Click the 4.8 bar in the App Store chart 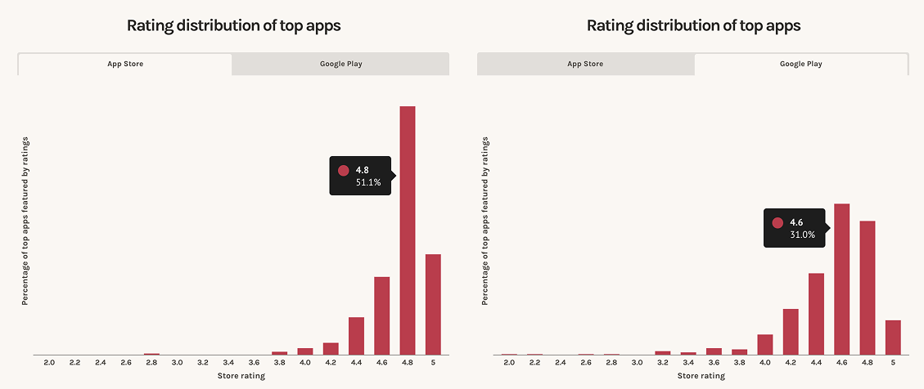pyautogui.click(x=408, y=230)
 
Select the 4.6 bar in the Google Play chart pyautogui.click(x=841, y=279)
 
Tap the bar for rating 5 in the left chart pyautogui.click(x=433, y=304)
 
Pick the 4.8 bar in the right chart pyautogui.click(x=868, y=288)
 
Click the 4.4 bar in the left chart pyautogui.click(x=356, y=336)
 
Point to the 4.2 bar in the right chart pyautogui.click(x=791, y=332)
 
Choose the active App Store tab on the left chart pyautogui.click(x=125, y=64)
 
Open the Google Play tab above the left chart pyautogui.click(x=340, y=64)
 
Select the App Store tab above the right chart pyautogui.click(x=585, y=64)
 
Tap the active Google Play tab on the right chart pyautogui.click(x=801, y=64)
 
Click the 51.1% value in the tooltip pyautogui.click(x=368, y=183)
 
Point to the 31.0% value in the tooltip pyautogui.click(x=802, y=235)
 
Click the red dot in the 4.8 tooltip pyautogui.click(x=344, y=171)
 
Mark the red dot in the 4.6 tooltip pyautogui.click(x=778, y=222)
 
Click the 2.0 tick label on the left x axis pyautogui.click(x=49, y=363)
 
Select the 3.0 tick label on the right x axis pyautogui.click(x=637, y=363)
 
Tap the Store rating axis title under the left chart pyautogui.click(x=241, y=375)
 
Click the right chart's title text pyautogui.click(x=693, y=26)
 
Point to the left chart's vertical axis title pyautogui.click(x=25, y=221)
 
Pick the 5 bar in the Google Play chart pyautogui.click(x=893, y=338)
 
